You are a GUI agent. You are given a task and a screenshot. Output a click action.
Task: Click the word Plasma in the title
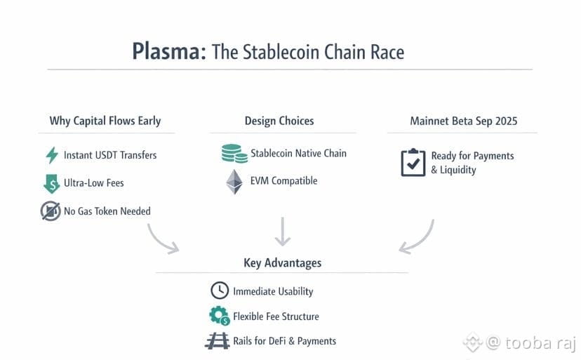168,51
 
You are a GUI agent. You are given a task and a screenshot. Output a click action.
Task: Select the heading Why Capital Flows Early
105,121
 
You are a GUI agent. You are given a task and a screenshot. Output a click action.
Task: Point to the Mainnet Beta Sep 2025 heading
463,121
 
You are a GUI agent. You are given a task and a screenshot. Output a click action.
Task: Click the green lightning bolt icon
51,155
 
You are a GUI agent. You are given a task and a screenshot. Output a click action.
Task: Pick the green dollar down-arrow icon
51,183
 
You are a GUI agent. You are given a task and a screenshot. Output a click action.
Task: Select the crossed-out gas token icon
51,211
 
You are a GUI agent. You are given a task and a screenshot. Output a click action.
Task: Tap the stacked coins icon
234,154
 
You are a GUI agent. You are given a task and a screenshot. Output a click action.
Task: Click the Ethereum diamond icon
234,182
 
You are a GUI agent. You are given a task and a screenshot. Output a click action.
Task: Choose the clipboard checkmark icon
413,163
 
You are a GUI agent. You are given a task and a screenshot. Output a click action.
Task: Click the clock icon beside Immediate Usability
219,291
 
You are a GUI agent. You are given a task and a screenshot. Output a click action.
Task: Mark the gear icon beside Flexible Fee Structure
219,316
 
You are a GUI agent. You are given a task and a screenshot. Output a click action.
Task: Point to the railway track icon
218,341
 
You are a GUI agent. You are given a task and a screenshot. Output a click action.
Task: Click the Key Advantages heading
282,263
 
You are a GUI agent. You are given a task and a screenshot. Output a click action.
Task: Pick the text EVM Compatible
284,181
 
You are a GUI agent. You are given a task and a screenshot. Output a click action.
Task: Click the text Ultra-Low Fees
93,183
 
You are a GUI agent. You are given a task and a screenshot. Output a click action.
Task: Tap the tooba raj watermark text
525,343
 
